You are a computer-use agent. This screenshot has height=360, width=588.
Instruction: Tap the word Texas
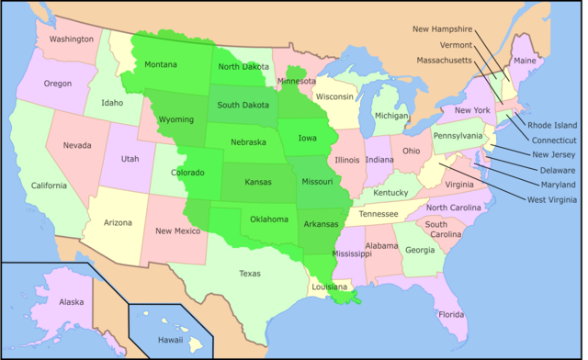click(250, 273)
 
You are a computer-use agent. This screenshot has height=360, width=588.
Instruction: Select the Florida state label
click(451, 315)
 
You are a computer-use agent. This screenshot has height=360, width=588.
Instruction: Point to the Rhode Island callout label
click(552, 125)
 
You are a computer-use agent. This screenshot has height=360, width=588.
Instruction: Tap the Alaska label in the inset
click(72, 301)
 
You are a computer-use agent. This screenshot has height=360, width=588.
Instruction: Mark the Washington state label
click(72, 39)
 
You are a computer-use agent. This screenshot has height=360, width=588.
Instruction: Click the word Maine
click(525, 61)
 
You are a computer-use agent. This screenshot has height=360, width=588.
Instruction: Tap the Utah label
click(130, 159)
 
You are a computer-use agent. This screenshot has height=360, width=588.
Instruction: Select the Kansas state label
click(258, 182)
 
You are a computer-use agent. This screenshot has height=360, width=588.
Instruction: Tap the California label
click(50, 186)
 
